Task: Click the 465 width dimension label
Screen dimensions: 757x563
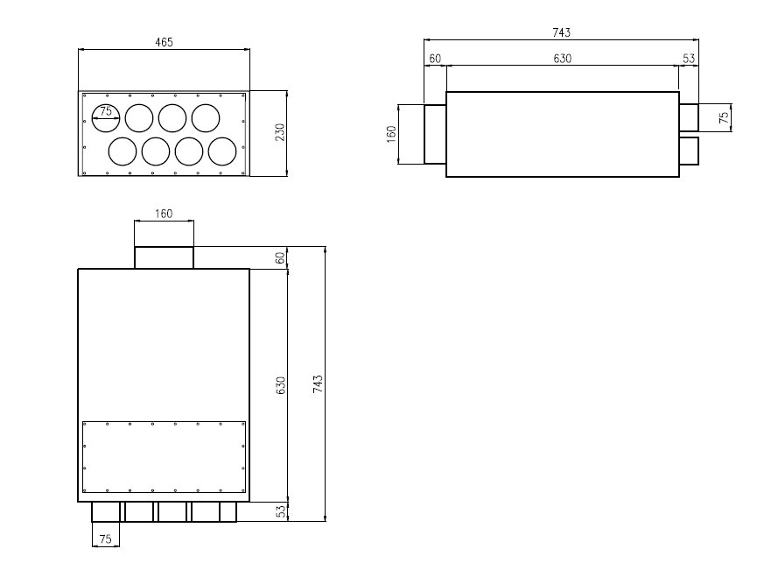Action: pos(164,42)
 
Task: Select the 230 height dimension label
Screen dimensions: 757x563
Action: pos(280,132)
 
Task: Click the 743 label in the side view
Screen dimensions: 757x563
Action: pos(562,32)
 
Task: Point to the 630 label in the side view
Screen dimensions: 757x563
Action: pos(563,59)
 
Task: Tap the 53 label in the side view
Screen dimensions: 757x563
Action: pos(689,59)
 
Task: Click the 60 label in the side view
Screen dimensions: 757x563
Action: pos(435,59)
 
